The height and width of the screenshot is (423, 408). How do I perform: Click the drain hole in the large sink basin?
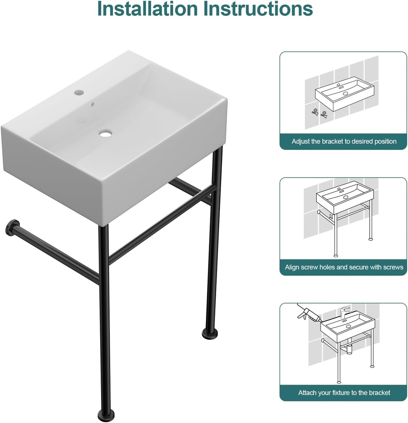pyautogui.click(x=106, y=133)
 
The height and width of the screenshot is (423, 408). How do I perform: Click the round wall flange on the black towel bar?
pyautogui.click(x=12, y=227)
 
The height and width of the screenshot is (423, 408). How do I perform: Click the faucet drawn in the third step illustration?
pyautogui.click(x=344, y=312)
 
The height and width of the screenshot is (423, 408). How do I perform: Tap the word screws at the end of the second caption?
pyautogui.click(x=393, y=267)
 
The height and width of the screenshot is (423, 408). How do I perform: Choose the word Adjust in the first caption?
pyautogui.click(x=300, y=141)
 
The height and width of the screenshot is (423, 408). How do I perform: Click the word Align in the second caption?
pyautogui.click(x=292, y=267)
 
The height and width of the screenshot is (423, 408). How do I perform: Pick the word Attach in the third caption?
pyautogui.click(x=307, y=392)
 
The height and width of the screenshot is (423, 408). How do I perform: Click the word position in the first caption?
pyautogui.click(x=385, y=141)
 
